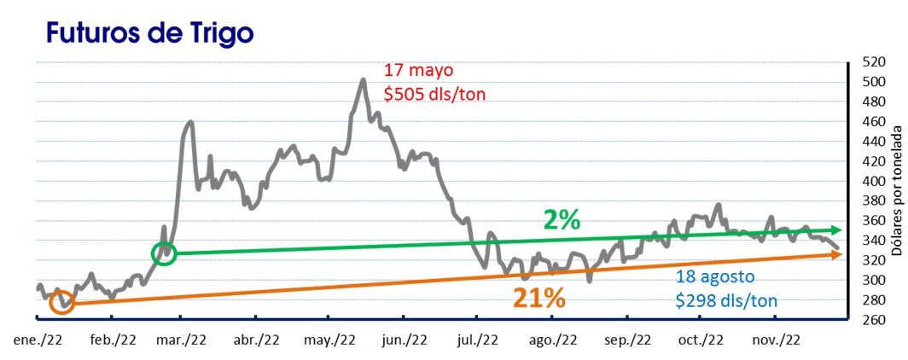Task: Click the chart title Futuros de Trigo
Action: [x=149, y=32]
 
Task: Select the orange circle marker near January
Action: [x=62, y=303]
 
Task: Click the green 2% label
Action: [x=562, y=220]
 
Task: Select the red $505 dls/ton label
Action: [x=435, y=93]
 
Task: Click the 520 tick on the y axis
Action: [x=873, y=62]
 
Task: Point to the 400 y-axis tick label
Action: [x=873, y=181]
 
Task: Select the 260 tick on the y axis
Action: [x=873, y=319]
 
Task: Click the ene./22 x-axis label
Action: [x=38, y=340]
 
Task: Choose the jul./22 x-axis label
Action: [x=480, y=340]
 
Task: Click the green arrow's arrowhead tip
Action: [x=842, y=230]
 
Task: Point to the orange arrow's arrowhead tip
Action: [x=842, y=278]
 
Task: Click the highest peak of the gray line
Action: [x=364, y=79]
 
